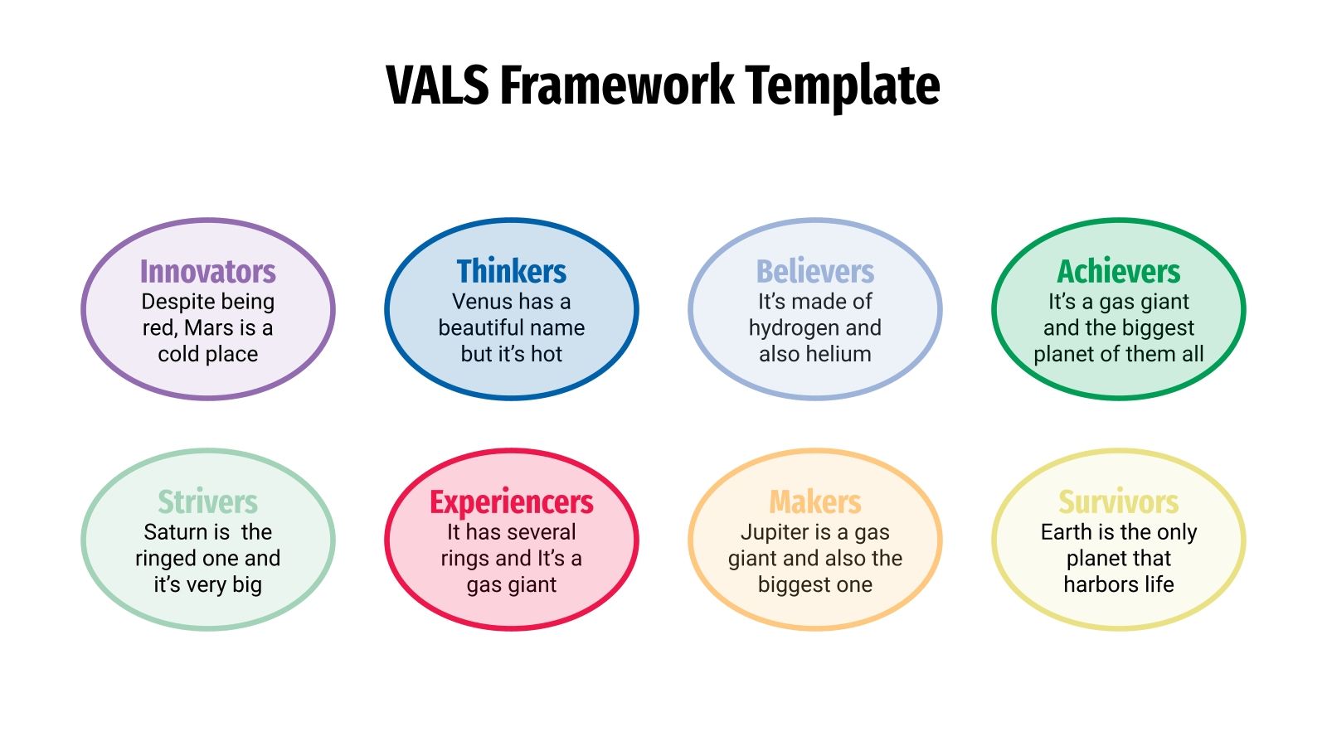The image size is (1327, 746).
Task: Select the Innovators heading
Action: pos(207,272)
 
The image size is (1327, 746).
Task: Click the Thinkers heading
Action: pos(512,272)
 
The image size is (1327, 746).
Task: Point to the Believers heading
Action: pos(815,272)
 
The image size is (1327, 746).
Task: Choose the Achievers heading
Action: pos(1119,272)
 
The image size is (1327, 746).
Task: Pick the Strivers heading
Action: pos(207,502)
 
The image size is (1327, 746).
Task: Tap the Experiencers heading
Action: pos(512,502)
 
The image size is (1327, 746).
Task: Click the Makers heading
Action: pos(815,502)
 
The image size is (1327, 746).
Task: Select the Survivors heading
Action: pos(1119,502)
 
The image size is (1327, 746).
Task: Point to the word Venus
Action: pos(482,302)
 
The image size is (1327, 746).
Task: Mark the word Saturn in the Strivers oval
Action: pos(175,532)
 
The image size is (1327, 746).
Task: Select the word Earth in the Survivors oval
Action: pos(1066,532)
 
